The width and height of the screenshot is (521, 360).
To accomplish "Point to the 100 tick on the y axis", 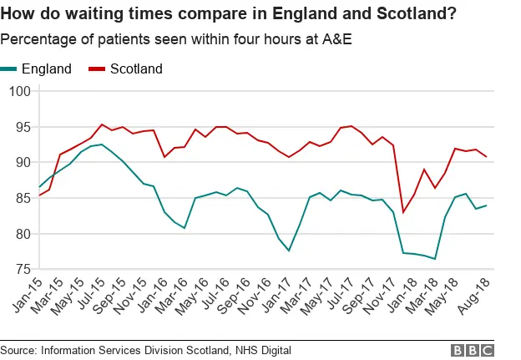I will tap(18, 91).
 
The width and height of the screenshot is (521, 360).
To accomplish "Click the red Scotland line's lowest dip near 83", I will tap(403, 212).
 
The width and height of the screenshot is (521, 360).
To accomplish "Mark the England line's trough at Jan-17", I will tap(289, 251).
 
